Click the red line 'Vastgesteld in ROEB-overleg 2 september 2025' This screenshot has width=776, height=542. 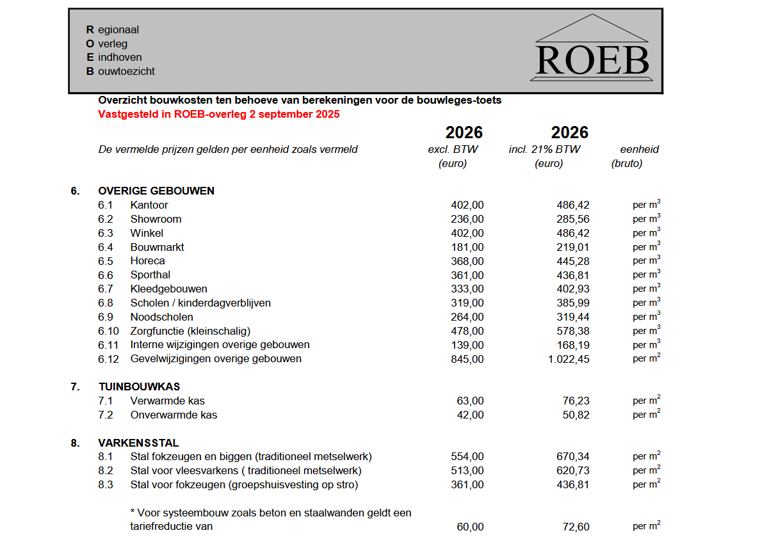pos(218,115)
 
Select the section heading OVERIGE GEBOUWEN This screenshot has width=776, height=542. pos(156,191)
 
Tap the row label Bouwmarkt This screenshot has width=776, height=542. pos(157,247)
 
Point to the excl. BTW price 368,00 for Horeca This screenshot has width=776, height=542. pos(467,261)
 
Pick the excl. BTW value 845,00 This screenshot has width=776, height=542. pos(467,359)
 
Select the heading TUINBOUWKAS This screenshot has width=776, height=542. pos(139,387)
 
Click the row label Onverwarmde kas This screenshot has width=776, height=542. pos(174,415)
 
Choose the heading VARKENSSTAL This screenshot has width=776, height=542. pos(138,443)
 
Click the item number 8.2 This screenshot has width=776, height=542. pos(106,471)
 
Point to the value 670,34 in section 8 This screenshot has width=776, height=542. pos(573,457)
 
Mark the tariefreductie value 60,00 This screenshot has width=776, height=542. pos(471,527)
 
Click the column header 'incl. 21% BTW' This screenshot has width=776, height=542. pos(544,150)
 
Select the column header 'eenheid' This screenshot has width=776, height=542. pos(639,150)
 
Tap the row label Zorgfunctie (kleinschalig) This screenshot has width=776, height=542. pos(190,331)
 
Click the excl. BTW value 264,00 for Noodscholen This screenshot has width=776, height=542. pos(467,317)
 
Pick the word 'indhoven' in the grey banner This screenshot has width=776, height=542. pos(120,58)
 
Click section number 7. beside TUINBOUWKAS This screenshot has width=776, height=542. pos(76,387)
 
